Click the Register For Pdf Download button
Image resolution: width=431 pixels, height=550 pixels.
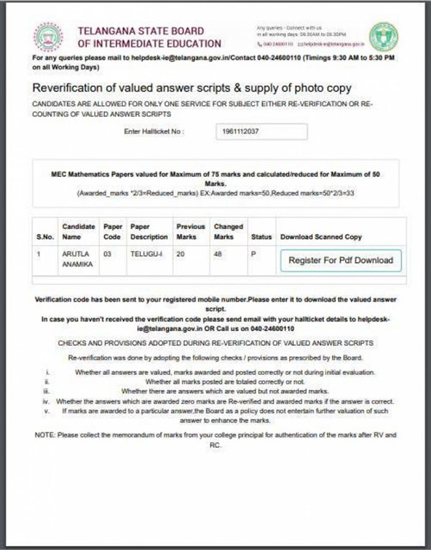coord(340,260)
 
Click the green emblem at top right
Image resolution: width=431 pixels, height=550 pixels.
coord(383,36)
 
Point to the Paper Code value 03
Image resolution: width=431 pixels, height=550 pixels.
coord(108,253)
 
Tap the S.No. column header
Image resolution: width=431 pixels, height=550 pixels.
coord(45,236)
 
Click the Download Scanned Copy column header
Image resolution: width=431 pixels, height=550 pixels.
coord(321,236)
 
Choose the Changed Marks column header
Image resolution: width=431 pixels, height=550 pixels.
coord(228,231)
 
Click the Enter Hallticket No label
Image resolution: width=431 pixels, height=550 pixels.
coord(154,132)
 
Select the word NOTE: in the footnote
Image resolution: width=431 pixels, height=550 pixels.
coord(47,436)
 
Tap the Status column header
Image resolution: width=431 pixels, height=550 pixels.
coord(261,236)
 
